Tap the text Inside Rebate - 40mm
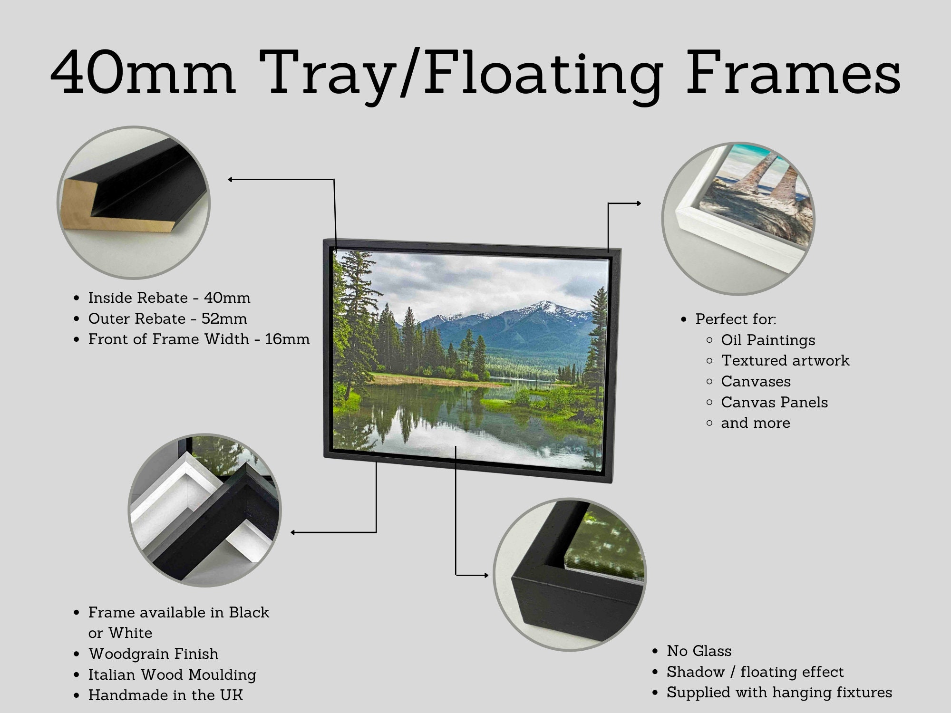169,298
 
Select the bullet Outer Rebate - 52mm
167,318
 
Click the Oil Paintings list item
768,340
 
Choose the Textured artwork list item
785,360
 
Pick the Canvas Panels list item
774,402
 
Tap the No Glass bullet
699,651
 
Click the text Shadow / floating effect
755,672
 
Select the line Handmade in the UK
165,695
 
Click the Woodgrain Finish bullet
153,654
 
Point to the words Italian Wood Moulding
172,674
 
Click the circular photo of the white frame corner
738,218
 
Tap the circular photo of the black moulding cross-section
133,202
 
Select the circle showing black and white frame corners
204,510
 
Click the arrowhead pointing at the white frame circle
638,203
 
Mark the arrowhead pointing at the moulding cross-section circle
231,180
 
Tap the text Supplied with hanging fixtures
779,693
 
